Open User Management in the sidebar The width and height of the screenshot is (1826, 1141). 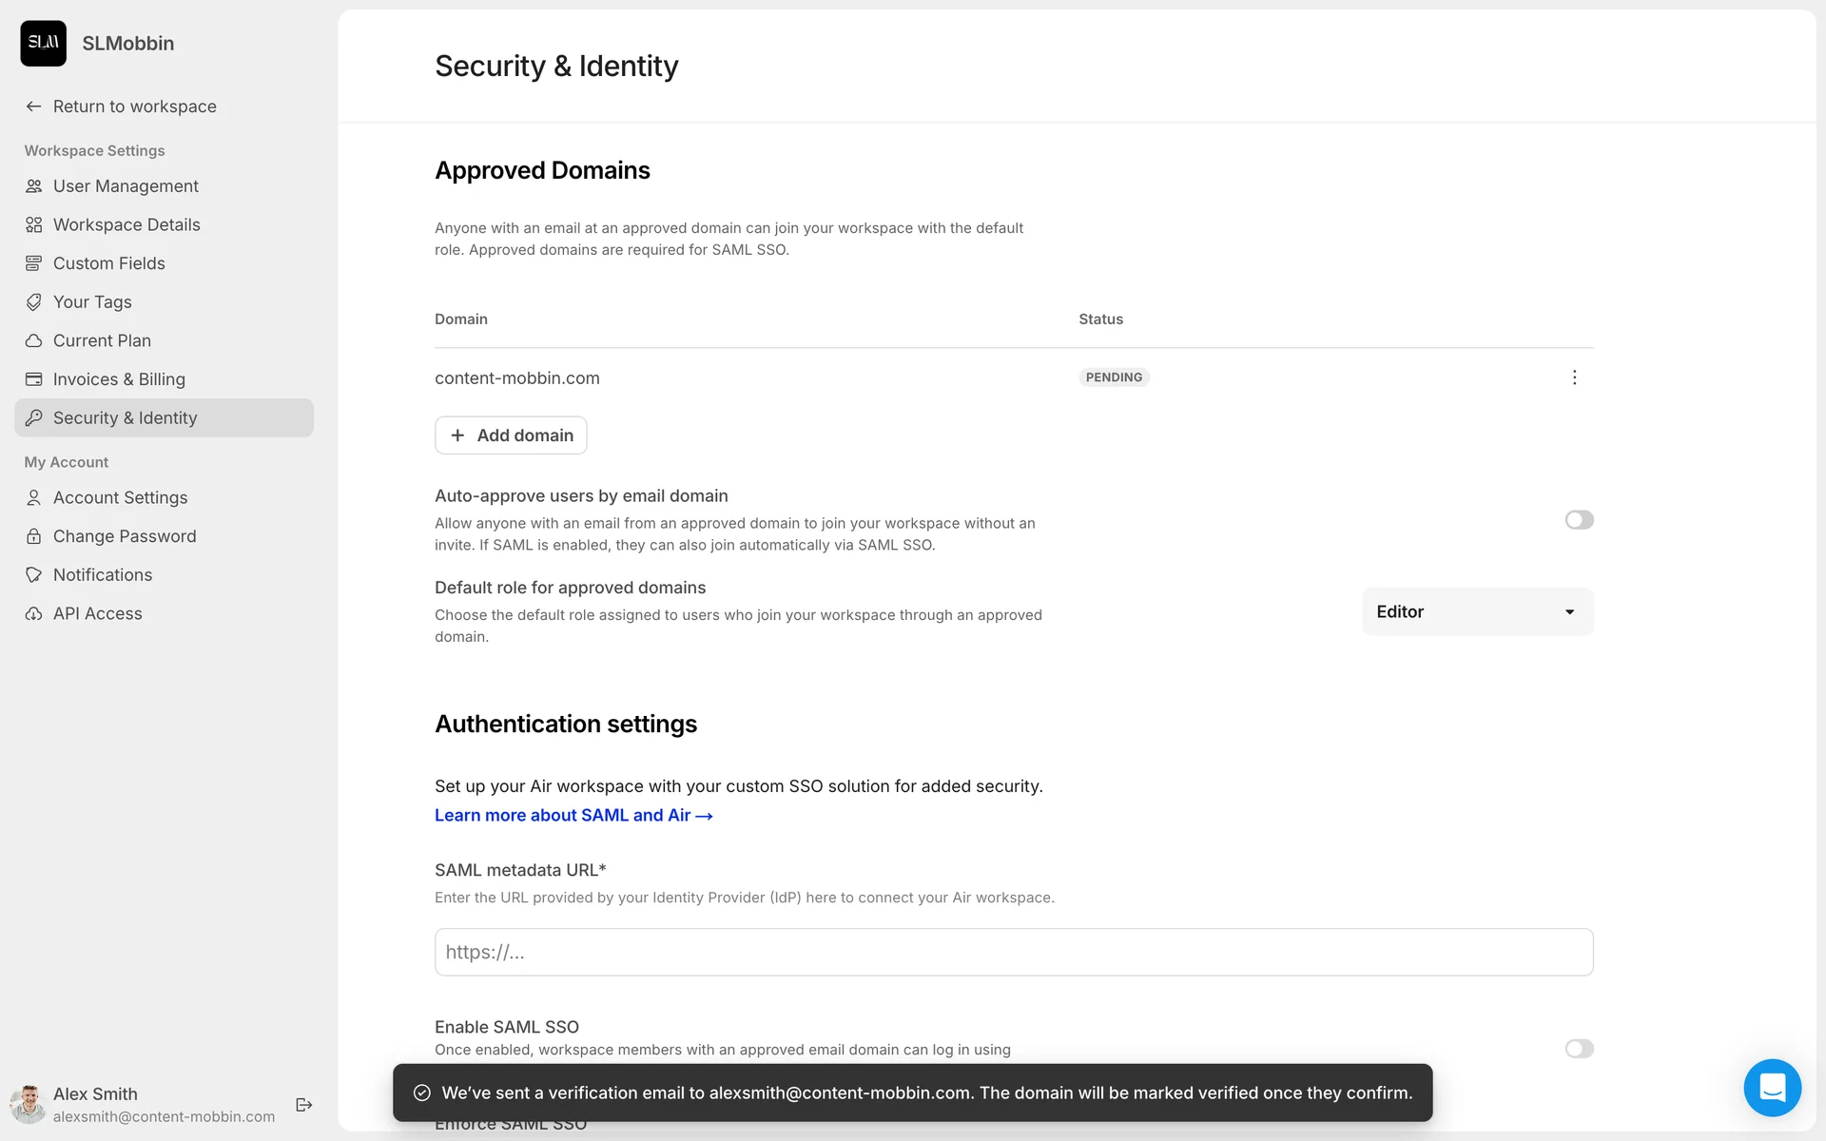coord(126,186)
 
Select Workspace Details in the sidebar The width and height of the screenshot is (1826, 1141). coord(126,224)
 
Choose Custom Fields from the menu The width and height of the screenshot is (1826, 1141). coord(108,263)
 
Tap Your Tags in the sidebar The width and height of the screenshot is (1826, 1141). coord(92,302)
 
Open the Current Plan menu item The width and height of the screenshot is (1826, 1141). coord(102,340)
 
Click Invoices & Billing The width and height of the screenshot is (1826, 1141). coord(119,379)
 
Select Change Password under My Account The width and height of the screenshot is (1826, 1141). coord(125,536)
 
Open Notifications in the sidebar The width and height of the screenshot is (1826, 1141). coord(103,575)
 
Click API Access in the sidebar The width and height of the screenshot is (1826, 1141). coord(97,614)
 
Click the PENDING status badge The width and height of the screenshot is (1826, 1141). coord(1114,377)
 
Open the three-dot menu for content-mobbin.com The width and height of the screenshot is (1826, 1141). coord(1574,377)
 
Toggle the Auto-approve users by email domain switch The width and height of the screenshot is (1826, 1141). coord(1579,520)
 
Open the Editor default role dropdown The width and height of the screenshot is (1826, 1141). coord(1477,612)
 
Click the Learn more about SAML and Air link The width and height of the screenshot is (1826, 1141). coord(573,816)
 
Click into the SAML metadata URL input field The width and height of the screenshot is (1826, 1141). coord(1014,952)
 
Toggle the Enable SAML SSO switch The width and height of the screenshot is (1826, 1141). coord(1579,1049)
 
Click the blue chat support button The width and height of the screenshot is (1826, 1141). coord(1772,1088)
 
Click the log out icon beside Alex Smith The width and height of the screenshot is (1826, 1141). coord(304,1105)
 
